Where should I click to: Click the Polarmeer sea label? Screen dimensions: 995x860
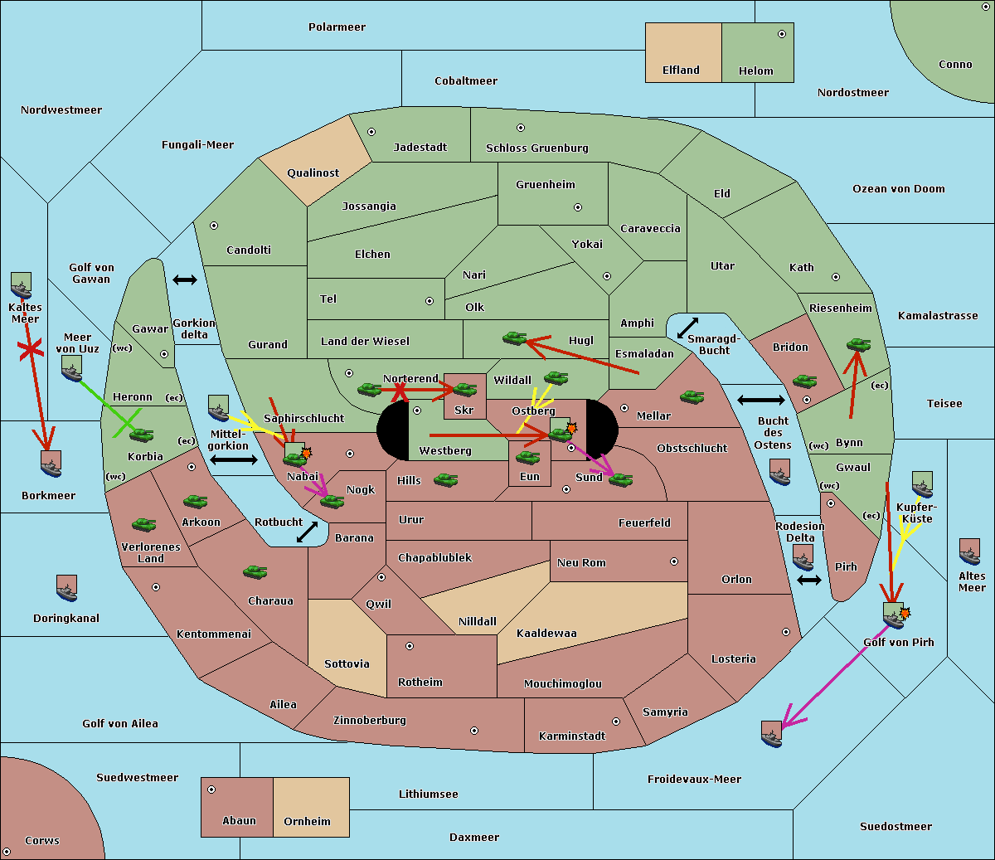point(337,27)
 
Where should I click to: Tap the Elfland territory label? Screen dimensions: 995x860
point(681,70)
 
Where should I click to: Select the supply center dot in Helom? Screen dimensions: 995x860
point(782,34)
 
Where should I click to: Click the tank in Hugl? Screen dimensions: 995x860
point(514,338)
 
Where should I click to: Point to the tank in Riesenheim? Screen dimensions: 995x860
point(858,345)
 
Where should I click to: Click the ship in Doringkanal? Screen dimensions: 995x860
point(66,588)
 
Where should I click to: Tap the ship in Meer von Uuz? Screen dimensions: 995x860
point(72,369)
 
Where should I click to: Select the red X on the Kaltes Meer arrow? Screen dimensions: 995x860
point(31,349)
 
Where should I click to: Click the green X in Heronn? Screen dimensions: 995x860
point(127,423)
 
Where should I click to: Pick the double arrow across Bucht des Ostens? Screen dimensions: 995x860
point(761,400)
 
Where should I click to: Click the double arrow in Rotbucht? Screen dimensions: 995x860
point(307,532)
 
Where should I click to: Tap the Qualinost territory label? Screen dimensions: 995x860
point(313,172)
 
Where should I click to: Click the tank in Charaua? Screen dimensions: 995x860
point(255,572)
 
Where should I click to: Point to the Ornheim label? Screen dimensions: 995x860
point(307,821)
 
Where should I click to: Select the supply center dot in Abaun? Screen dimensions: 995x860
point(211,790)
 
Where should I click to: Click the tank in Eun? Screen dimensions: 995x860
point(527,458)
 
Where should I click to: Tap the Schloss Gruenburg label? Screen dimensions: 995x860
point(537,148)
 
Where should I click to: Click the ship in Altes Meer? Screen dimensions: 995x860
point(969,551)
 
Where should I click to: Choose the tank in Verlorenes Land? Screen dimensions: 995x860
point(144,524)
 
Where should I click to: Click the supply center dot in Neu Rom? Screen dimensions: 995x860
point(674,561)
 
